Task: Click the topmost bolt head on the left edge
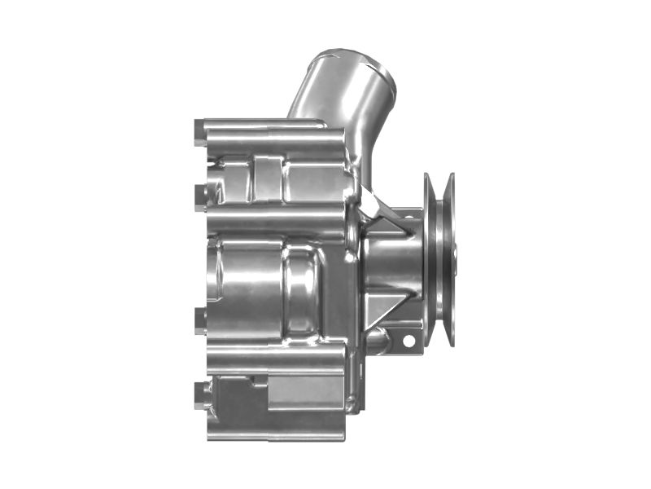200,133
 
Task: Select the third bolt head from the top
200,319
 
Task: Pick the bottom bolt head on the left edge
200,394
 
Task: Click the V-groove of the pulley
440,259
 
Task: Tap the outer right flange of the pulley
450,259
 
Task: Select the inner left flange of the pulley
430,259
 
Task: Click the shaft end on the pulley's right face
455,259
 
